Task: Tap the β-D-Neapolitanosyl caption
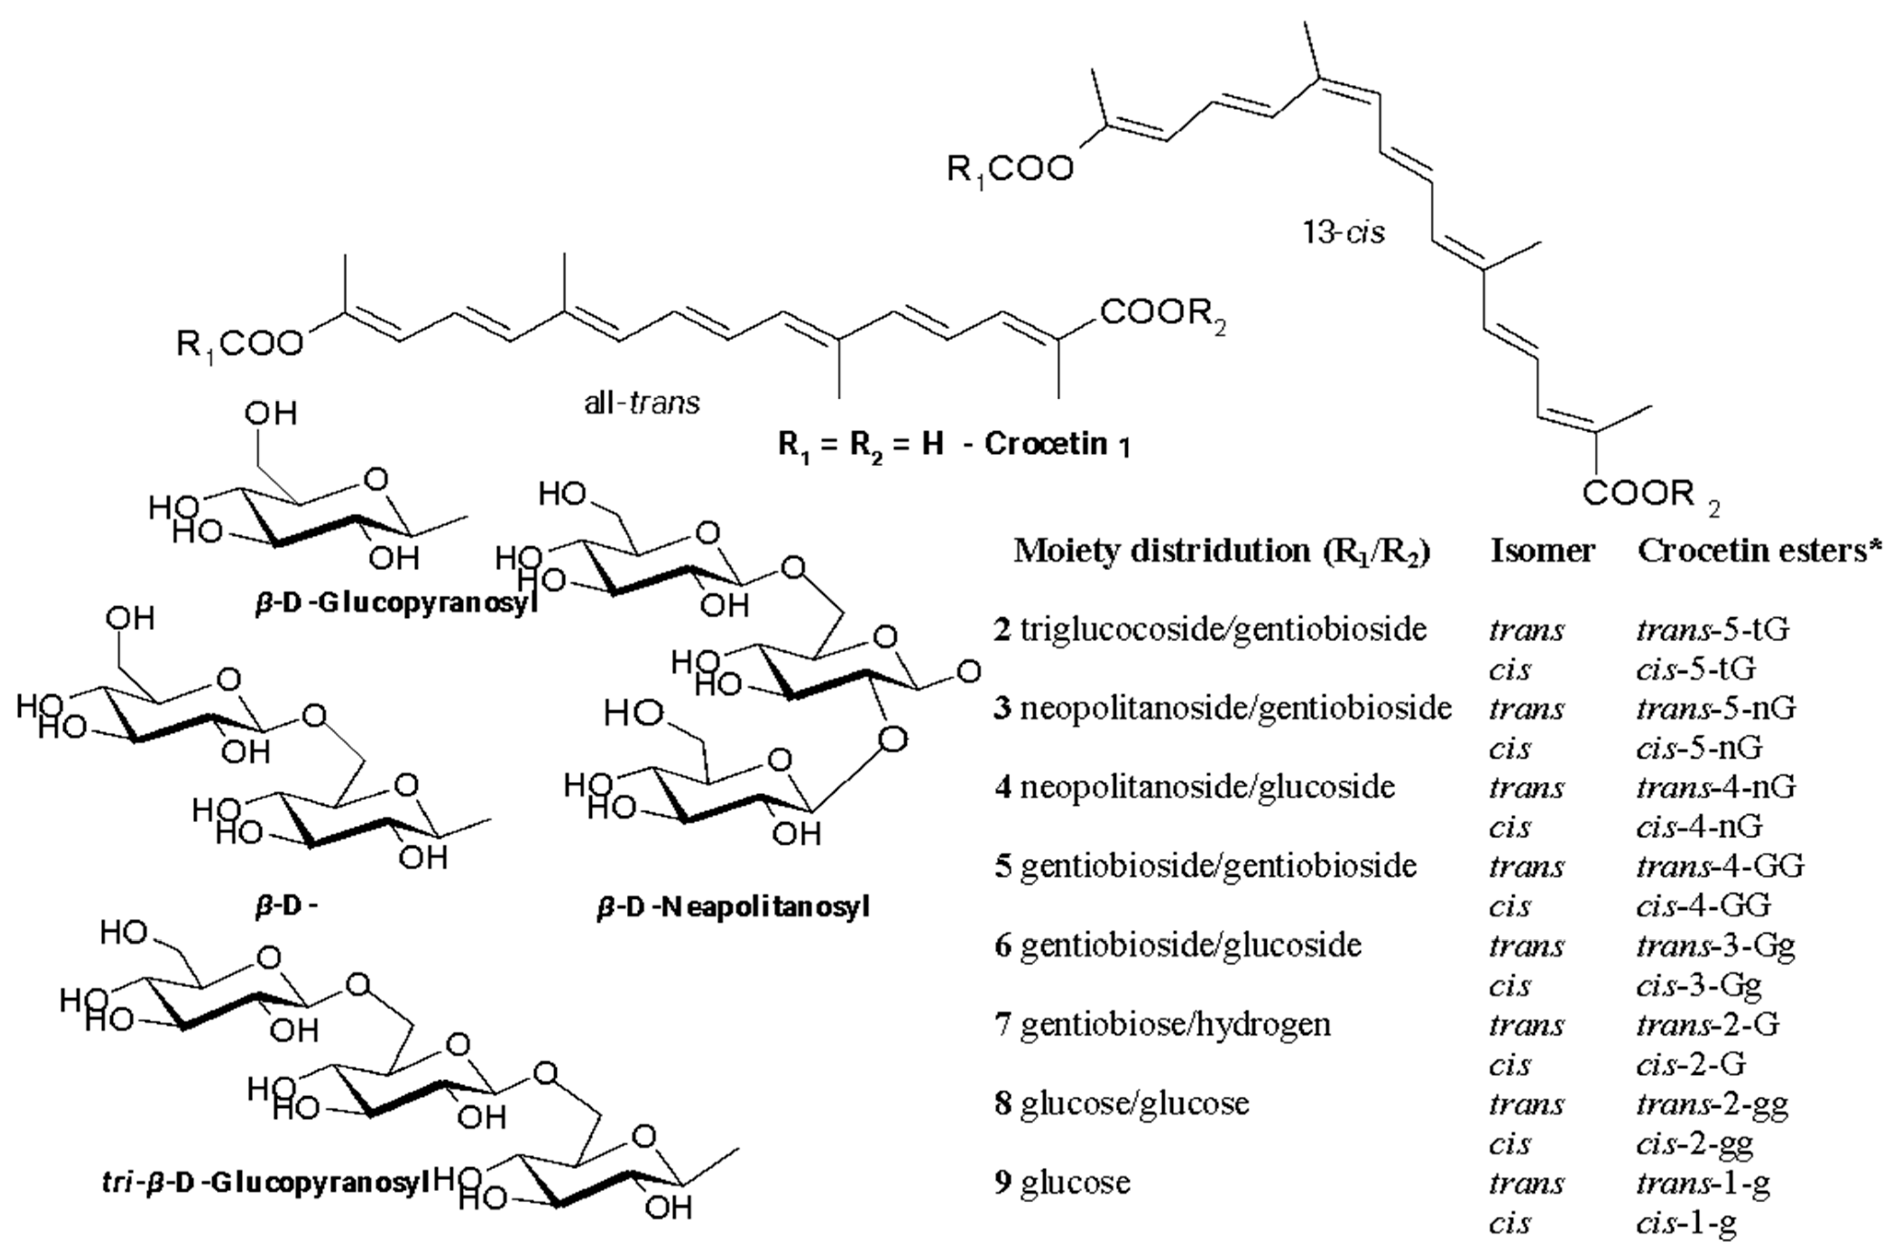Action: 733,908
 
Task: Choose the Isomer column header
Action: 1542,551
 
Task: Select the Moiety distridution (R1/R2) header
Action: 1222,551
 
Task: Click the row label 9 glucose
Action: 1062,1183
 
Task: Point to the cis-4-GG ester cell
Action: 1703,906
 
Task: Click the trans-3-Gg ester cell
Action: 1715,946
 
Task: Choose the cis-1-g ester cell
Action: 1686,1223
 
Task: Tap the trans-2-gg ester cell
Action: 1712,1105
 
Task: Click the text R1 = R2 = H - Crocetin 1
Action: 953,444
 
